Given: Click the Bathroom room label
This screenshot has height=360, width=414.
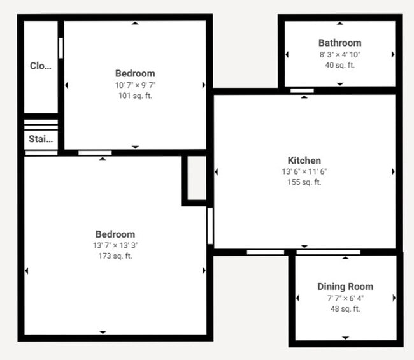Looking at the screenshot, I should click(x=339, y=43).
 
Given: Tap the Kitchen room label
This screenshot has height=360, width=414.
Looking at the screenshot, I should click(x=304, y=161).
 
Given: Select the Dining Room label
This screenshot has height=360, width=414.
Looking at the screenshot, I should click(x=345, y=287).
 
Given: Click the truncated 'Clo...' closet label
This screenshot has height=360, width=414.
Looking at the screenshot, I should click(x=41, y=66).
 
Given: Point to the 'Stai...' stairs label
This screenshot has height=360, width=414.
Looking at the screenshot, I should click(x=41, y=139).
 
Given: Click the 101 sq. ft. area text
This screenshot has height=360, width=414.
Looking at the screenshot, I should click(x=134, y=96).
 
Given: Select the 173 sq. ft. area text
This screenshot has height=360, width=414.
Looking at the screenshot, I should click(x=115, y=256).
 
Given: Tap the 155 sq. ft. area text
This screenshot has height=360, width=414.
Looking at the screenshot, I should click(x=304, y=182).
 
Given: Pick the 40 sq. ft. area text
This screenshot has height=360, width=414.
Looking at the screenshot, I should click(x=339, y=65).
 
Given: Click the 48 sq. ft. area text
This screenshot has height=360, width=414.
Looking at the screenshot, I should click(x=345, y=309).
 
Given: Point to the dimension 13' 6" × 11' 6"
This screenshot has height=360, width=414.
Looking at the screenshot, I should click(x=304, y=171).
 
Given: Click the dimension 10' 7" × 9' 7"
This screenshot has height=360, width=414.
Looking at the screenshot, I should click(x=134, y=85).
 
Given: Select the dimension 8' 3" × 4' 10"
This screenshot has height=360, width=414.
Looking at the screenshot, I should click(x=339, y=54).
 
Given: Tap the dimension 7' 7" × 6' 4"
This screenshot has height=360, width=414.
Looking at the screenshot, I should click(x=345, y=298).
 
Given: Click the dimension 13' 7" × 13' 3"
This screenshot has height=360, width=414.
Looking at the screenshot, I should click(x=115, y=245).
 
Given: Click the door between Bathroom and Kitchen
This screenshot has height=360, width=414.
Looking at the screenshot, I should click(x=302, y=90).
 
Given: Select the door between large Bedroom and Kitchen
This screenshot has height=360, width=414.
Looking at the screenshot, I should click(x=210, y=226).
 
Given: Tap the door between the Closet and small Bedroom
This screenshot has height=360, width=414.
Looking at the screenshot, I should click(x=61, y=48).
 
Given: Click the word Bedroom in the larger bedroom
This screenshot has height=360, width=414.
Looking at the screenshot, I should click(x=115, y=234).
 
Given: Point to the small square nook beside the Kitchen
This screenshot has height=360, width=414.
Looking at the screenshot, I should click(x=197, y=179).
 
